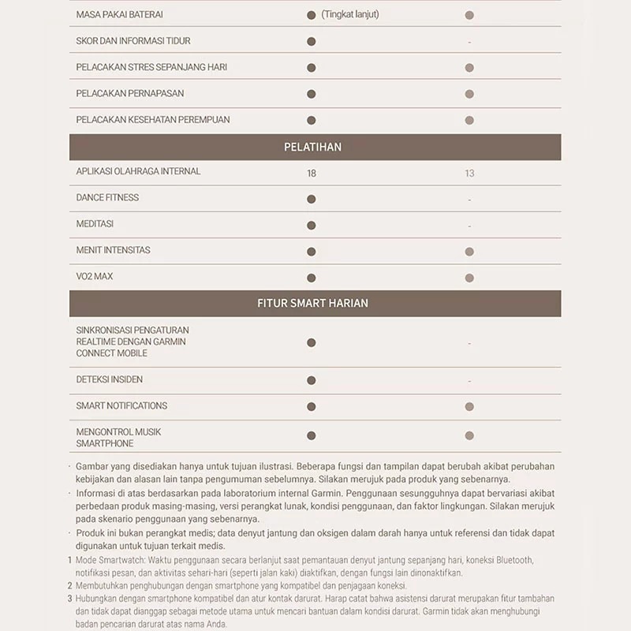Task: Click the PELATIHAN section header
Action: click(x=312, y=147)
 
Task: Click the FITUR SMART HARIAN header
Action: click(x=312, y=303)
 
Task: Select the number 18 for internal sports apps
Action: click(x=312, y=173)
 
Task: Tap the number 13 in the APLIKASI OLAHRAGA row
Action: click(x=469, y=173)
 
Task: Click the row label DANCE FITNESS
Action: click(x=107, y=198)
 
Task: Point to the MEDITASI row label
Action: click(x=95, y=224)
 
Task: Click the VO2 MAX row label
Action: click(x=95, y=277)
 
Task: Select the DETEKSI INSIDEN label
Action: click(x=110, y=379)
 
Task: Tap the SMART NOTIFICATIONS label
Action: click(x=121, y=405)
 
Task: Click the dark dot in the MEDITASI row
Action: click(x=312, y=226)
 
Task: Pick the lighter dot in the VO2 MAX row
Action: click(x=469, y=278)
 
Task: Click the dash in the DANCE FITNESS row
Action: click(x=469, y=200)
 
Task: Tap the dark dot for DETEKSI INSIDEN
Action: click(x=312, y=380)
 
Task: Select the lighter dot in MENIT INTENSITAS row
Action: click(x=469, y=252)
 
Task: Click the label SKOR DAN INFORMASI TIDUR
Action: click(x=133, y=41)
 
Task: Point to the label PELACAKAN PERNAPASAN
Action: click(x=130, y=93)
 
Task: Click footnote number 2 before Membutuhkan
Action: click(x=69, y=585)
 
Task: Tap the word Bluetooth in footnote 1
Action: click(x=513, y=560)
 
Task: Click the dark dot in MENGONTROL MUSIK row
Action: click(x=312, y=435)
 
